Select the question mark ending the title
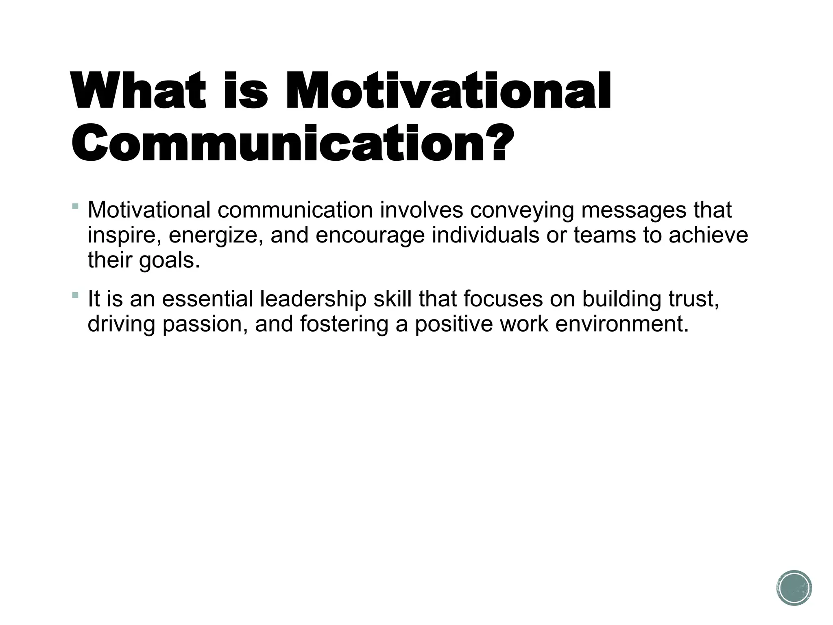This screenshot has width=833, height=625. point(499,144)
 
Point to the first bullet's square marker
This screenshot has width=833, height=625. point(75,206)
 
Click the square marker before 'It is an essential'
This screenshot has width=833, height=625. point(75,295)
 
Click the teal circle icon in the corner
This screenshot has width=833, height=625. point(794,588)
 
